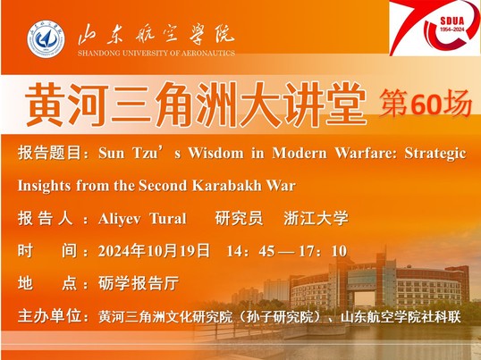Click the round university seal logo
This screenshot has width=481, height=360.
coord(46,39)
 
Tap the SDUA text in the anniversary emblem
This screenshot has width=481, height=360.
coord(452,21)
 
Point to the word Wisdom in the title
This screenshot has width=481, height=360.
coord(215,153)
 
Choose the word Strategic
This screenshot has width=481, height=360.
coord(435,153)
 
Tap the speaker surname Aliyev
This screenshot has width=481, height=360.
coord(120,219)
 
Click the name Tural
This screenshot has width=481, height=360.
coord(168,219)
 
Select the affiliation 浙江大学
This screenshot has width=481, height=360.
coord(316,219)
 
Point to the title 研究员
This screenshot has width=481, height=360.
coord(239,219)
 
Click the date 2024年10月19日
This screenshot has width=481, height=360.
coord(154,251)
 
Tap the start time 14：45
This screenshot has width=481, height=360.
coord(250,251)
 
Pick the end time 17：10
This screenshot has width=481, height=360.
coord(323,251)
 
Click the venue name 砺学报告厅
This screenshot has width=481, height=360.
coord(139,283)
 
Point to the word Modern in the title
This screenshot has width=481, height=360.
coord(300,153)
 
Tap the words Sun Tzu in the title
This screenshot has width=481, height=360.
coord(128,153)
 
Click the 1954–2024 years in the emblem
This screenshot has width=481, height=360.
coord(452,29)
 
